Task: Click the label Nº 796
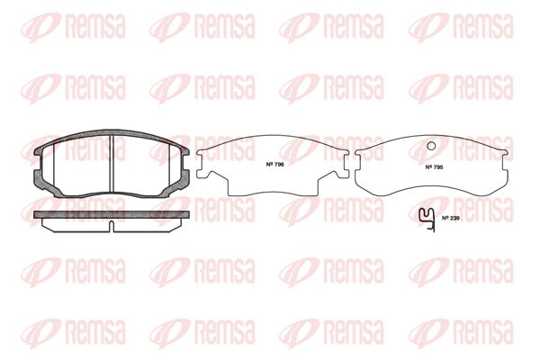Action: [274, 165]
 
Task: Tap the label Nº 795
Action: [434, 167]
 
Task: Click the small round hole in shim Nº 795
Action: [431, 146]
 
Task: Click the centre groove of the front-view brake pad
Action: [112, 163]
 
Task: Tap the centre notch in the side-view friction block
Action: [112, 226]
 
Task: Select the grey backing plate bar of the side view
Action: [112, 214]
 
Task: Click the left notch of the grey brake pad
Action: [37, 162]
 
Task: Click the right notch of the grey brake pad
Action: [185, 162]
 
